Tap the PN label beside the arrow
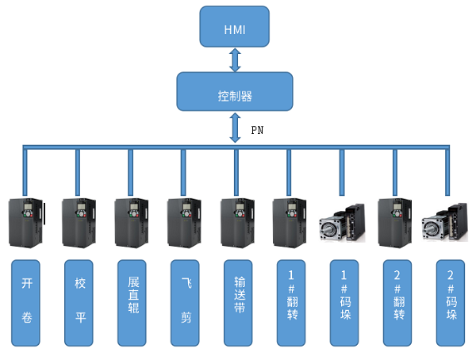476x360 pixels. [257, 130]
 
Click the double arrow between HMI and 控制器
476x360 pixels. [235, 59]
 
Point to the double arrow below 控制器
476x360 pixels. [235, 127]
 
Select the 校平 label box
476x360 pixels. [79, 302]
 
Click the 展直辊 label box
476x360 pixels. [132, 302]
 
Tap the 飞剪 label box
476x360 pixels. [186, 302]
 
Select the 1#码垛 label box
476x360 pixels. [344, 302]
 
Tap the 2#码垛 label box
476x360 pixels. [450, 302]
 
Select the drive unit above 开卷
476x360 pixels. [25, 222]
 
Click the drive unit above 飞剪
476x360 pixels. [184, 222]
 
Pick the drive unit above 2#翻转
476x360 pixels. [395, 222]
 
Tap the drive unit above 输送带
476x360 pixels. [237, 222]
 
